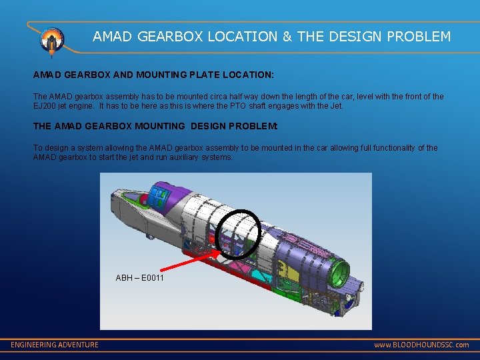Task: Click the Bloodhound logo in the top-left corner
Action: tap(51, 40)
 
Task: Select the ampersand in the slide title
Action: tap(287, 37)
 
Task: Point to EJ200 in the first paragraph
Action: tap(45, 105)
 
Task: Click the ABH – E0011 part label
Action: tap(140, 277)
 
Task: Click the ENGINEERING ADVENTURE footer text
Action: tap(55, 345)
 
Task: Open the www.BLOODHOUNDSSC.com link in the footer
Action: tap(421, 345)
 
